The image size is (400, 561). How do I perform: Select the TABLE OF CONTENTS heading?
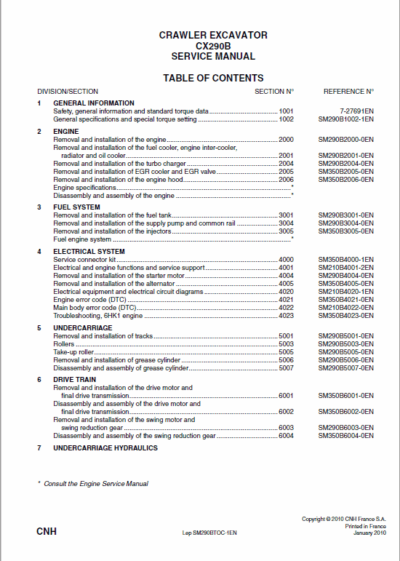(x=213, y=78)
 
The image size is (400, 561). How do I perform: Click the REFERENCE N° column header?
(x=348, y=92)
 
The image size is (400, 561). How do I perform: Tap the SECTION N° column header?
(x=274, y=92)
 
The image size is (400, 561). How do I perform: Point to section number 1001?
(x=286, y=111)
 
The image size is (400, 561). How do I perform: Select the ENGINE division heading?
(x=66, y=131)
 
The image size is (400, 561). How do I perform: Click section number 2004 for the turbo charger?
(x=286, y=164)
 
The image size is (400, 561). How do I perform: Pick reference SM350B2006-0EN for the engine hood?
(x=346, y=180)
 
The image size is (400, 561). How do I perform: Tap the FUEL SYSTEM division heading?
(x=76, y=207)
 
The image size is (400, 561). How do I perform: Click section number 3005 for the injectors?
(x=286, y=231)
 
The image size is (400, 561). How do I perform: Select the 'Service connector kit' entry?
(x=84, y=259)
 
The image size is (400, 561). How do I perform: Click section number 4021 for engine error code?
(x=286, y=300)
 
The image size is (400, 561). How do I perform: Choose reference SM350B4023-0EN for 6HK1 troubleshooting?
(x=346, y=316)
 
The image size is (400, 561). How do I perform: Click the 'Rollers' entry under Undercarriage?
(x=64, y=343)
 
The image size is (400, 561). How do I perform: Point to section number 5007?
(x=286, y=367)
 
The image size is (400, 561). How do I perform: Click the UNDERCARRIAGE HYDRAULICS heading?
(x=105, y=448)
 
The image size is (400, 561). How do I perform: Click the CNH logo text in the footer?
(x=47, y=532)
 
